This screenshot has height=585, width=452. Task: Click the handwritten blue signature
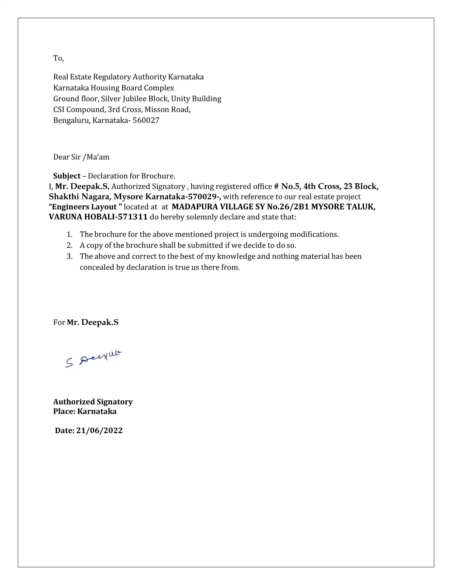(x=93, y=359)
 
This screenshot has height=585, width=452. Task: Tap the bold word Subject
(x=67, y=176)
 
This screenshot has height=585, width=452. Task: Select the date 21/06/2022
(x=99, y=431)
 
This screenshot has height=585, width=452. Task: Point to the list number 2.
(x=69, y=246)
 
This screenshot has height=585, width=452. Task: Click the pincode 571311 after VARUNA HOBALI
(x=132, y=217)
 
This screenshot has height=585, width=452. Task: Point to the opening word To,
(x=58, y=58)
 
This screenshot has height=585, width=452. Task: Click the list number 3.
(x=69, y=257)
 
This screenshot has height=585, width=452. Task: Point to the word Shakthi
(x=64, y=197)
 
